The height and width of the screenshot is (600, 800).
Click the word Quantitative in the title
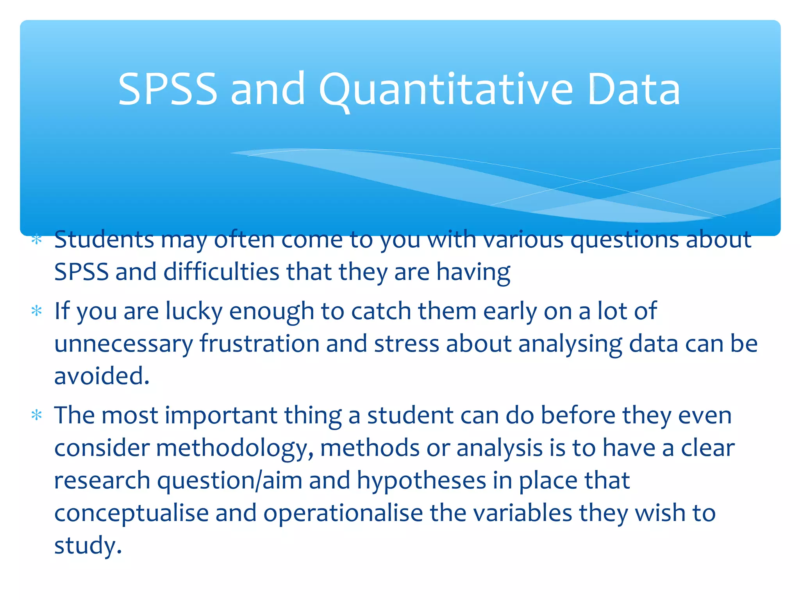click(x=446, y=90)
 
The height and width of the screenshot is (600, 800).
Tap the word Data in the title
click(x=634, y=90)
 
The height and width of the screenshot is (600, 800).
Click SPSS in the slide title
click(x=167, y=90)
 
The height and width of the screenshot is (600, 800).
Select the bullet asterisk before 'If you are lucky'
click(x=37, y=311)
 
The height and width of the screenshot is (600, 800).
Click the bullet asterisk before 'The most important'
click(x=37, y=415)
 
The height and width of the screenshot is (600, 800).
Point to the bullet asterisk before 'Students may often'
click(x=37, y=239)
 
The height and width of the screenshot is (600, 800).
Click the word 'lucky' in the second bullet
click(x=194, y=311)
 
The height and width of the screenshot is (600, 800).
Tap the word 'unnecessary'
click(x=123, y=344)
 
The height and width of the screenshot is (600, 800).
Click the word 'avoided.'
click(x=102, y=376)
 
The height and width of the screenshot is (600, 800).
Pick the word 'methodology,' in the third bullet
click(x=234, y=448)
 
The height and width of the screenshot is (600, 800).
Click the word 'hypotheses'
click(x=421, y=481)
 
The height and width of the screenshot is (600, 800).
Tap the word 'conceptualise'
click(x=131, y=513)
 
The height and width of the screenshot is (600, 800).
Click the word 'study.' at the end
click(x=88, y=546)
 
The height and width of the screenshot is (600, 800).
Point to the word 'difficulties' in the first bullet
click(x=221, y=272)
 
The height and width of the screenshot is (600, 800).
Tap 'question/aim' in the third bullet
click(x=230, y=481)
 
